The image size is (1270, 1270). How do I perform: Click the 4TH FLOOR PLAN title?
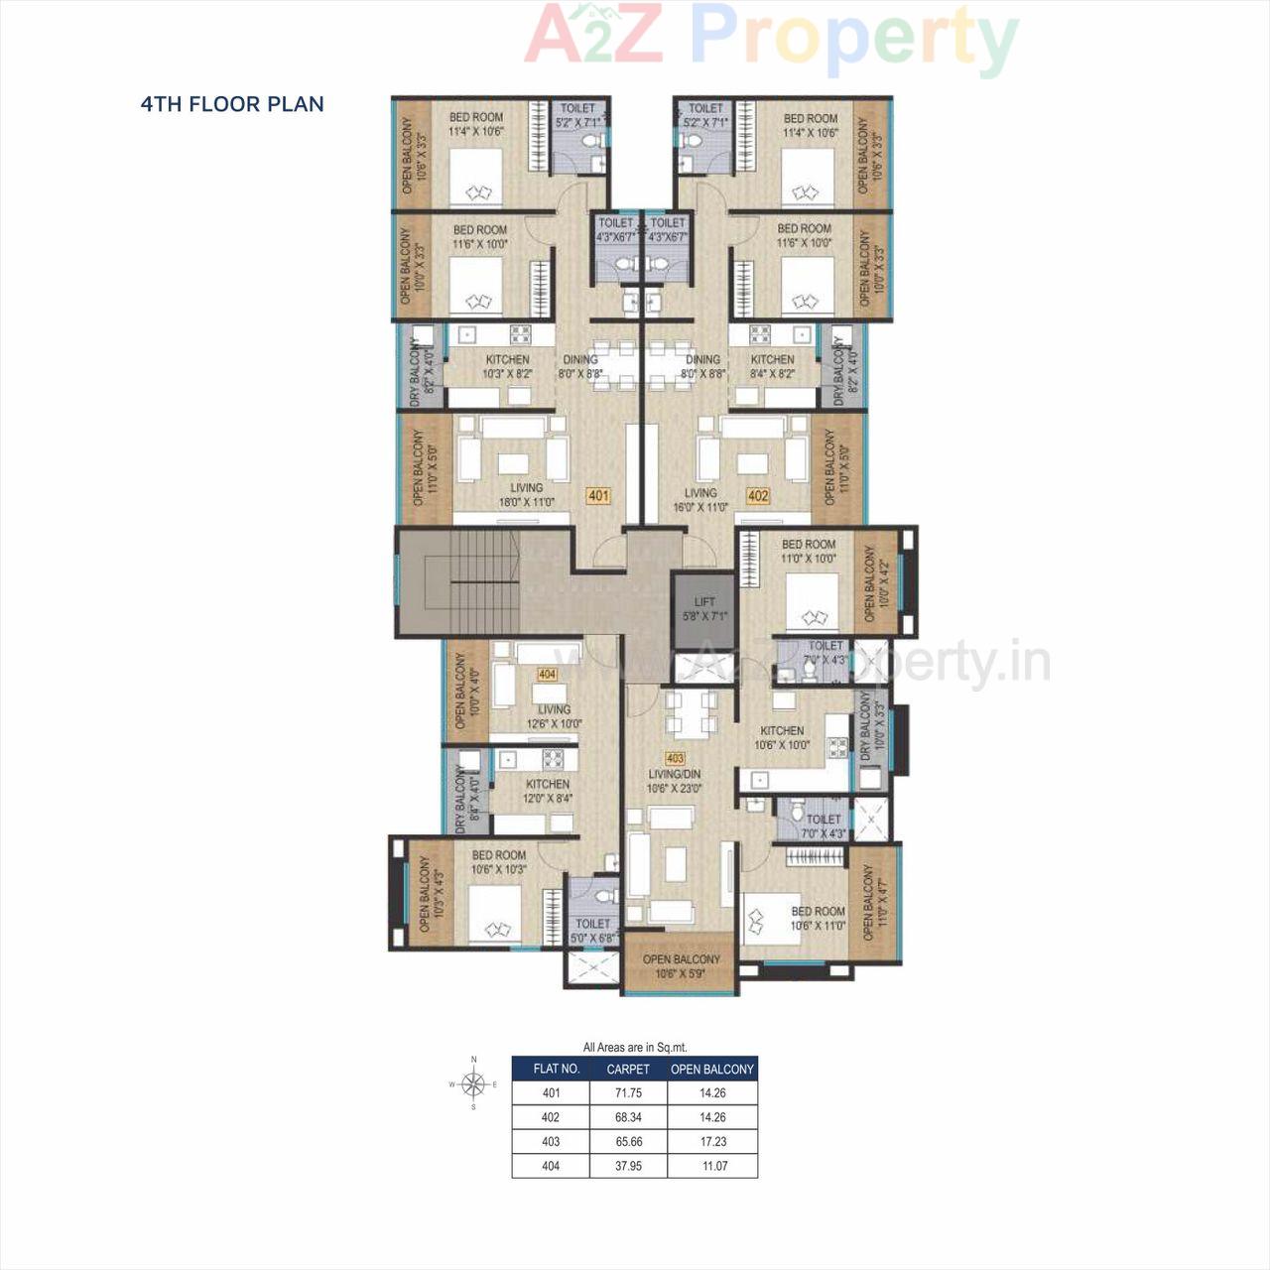pos(232,104)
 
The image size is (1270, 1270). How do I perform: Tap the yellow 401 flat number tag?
pos(598,495)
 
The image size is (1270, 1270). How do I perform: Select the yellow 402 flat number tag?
pos(758,495)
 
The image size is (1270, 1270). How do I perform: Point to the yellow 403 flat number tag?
pos(676,759)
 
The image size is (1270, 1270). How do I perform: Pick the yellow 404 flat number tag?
pos(547,674)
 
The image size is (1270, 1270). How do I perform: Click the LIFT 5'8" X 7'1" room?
pos(704,609)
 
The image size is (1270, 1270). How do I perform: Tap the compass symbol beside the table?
pos(474,1083)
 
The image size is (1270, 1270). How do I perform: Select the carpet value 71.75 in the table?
pos(628,1092)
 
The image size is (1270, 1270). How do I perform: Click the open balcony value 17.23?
pos(712,1141)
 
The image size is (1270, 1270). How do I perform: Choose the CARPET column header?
pos(628,1069)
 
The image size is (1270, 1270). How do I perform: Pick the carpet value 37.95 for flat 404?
pos(628,1166)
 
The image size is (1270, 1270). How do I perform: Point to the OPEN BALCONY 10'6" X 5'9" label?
pos(681,966)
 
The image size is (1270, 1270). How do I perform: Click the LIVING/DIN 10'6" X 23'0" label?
pos(674,781)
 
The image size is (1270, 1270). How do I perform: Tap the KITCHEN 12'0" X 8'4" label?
pos(548,790)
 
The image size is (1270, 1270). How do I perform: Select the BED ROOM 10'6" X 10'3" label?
pos(499,861)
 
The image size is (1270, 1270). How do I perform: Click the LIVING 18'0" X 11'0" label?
pos(526,495)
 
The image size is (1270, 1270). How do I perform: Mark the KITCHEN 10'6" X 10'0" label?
pos(782,737)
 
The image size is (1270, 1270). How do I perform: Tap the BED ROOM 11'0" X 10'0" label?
pos(809,551)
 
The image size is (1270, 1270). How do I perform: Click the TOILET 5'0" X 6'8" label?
pos(593,930)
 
